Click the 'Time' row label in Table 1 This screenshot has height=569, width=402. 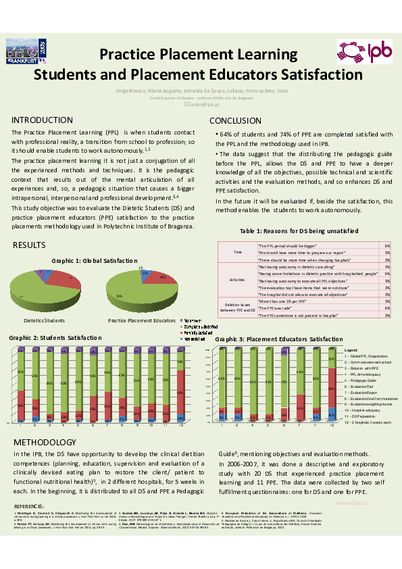tap(237, 251)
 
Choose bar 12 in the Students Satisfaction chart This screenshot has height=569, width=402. tap(180, 385)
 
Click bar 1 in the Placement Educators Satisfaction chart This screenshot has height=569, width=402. tap(221, 384)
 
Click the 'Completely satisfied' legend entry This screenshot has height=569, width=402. tap(192, 326)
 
